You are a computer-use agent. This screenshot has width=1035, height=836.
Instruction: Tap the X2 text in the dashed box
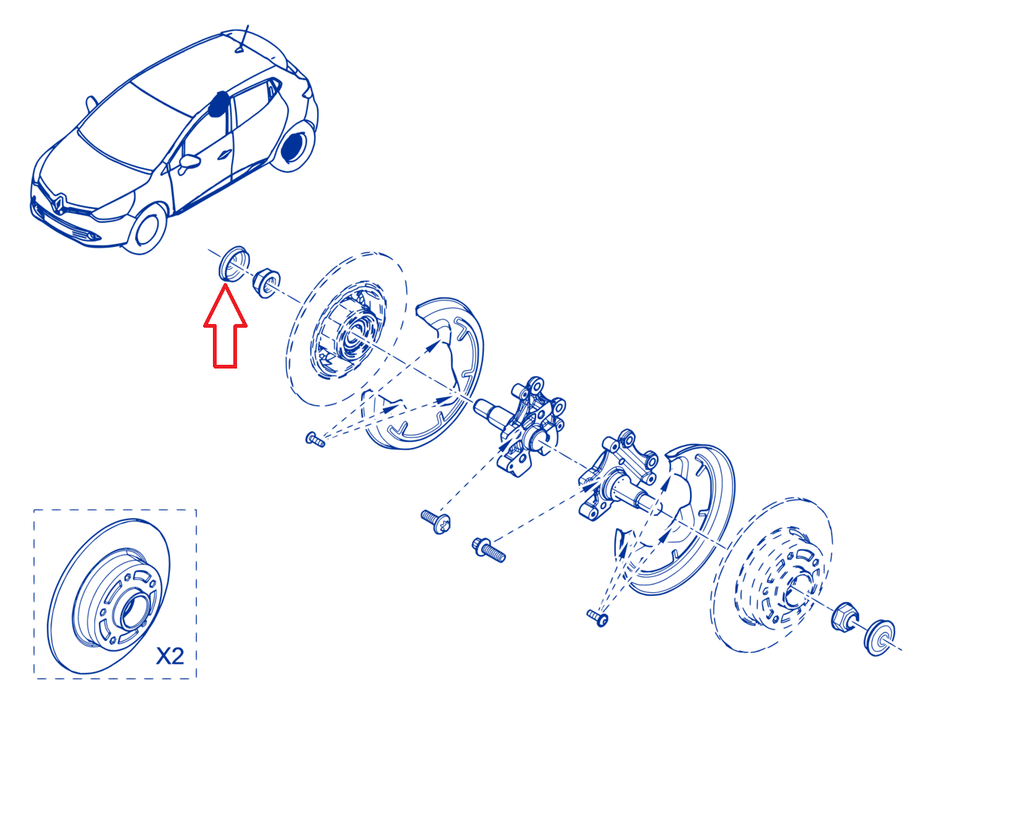170,656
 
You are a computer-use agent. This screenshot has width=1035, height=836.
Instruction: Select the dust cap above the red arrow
233,264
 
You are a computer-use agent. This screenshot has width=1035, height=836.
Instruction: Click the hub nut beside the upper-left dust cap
266,282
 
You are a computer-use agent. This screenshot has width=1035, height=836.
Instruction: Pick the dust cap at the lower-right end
879,637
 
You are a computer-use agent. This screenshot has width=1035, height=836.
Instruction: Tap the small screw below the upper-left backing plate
315,440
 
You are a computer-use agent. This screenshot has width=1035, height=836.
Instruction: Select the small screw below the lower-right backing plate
597,618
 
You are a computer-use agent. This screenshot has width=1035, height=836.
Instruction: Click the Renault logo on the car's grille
58,204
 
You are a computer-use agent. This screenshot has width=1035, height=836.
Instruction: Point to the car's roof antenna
242,39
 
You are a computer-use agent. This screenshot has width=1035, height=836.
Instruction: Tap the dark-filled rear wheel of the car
292,146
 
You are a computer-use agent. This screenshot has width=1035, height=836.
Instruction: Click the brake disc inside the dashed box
109,596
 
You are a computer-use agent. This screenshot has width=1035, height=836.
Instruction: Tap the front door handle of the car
224,154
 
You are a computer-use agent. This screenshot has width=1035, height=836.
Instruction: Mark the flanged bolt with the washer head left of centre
436,522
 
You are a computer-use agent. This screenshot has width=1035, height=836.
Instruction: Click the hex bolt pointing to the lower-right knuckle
488,550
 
